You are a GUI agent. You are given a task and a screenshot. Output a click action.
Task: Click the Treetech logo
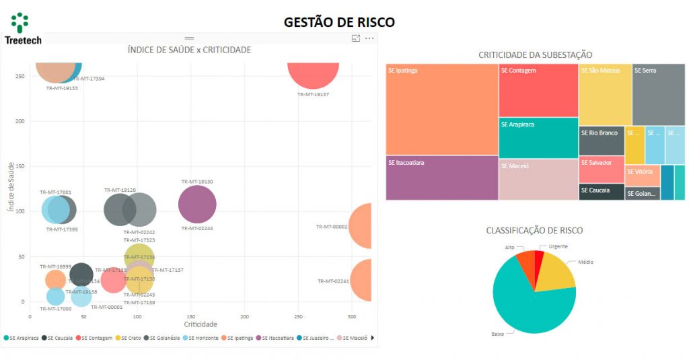tap(22, 29)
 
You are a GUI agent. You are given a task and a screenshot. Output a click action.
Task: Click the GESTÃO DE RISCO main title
tap(339, 22)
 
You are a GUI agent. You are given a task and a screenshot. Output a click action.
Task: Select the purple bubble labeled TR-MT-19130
tap(197, 205)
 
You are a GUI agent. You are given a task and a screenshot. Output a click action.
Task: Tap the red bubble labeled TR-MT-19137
tap(313, 74)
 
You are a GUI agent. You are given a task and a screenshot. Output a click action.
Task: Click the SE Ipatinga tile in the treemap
tap(441, 109)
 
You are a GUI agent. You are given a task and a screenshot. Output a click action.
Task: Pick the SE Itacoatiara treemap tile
tap(441, 178)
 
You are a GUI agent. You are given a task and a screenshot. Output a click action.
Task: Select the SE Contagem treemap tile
tap(538, 90)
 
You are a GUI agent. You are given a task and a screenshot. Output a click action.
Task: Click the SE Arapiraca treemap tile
tap(538, 138)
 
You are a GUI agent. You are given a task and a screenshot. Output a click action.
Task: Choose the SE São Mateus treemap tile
tap(605, 94)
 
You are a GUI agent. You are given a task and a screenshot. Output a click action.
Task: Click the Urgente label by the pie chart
tap(558, 246)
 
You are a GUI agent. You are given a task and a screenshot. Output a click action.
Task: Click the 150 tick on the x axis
tap(191, 316)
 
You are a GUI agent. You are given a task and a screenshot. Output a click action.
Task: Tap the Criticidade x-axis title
tap(201, 324)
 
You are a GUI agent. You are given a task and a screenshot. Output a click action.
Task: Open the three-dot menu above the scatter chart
tap(369, 39)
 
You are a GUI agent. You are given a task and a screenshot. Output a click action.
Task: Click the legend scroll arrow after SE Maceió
tap(373, 338)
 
